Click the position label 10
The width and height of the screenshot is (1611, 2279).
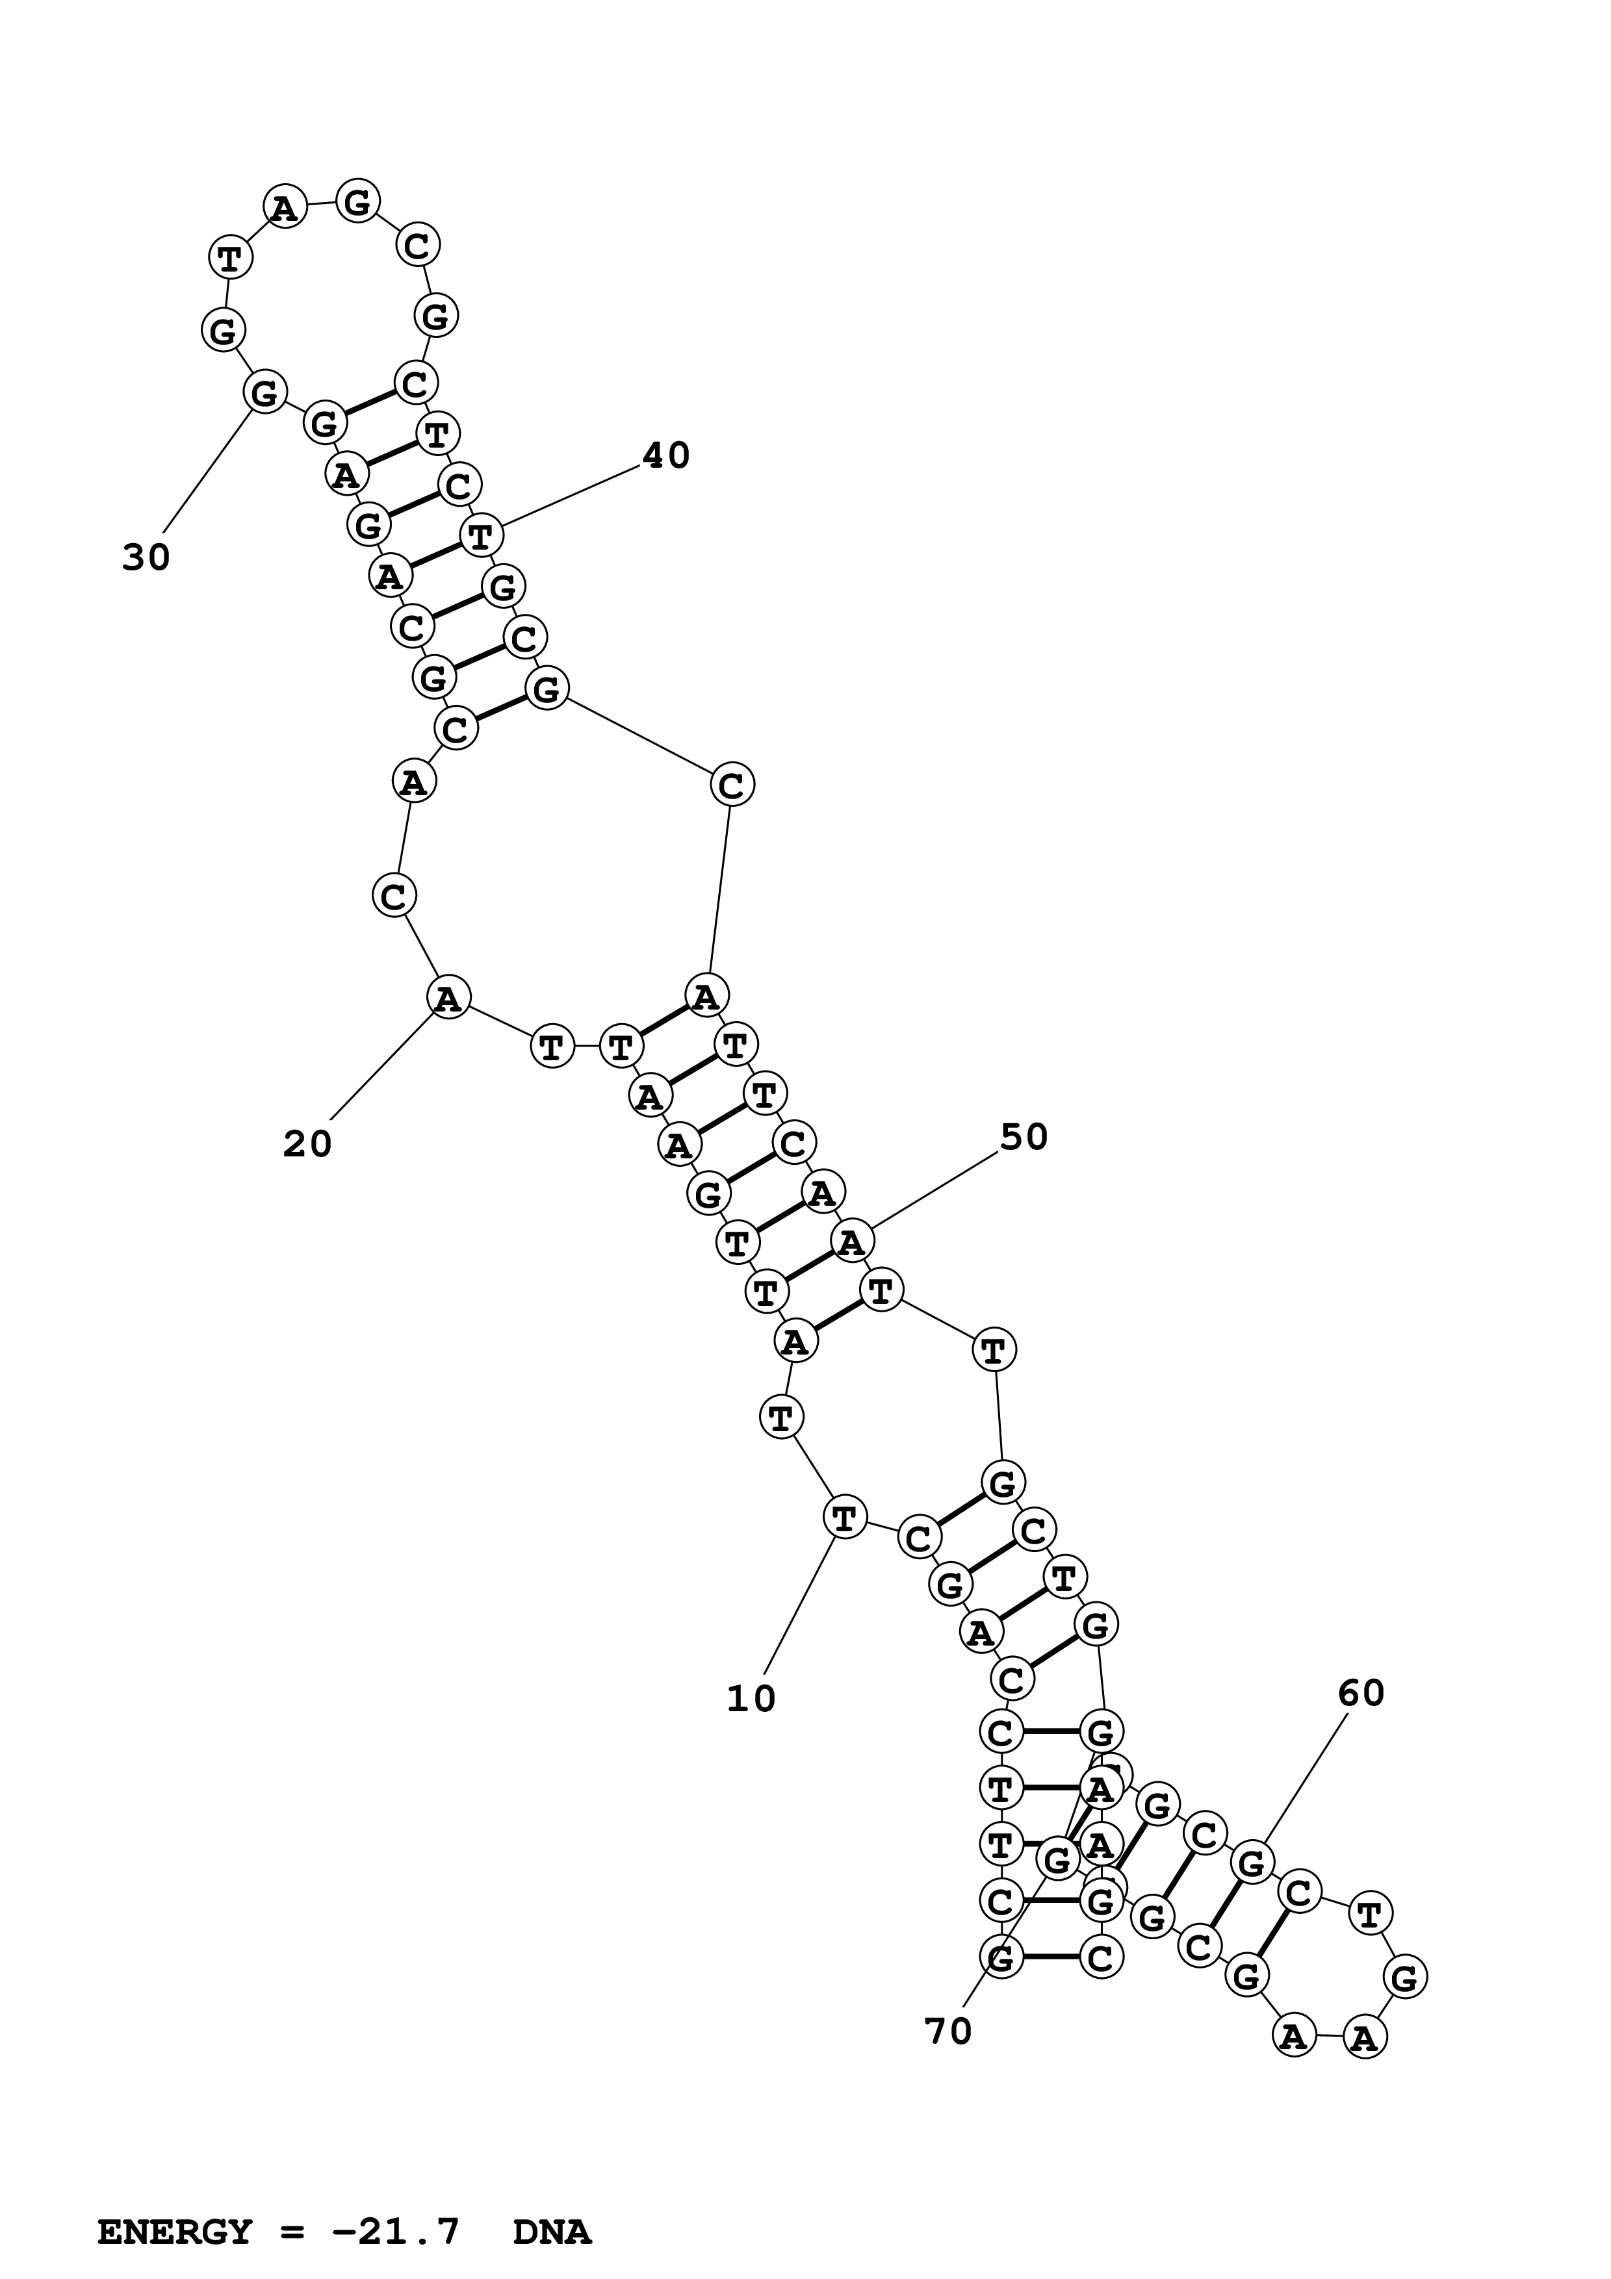pyautogui.click(x=751, y=1700)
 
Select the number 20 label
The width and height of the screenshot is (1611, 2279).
pyautogui.click(x=307, y=1145)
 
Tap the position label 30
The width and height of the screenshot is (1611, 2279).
pyautogui.click(x=146, y=558)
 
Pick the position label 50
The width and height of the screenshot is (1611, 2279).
pyautogui.click(x=1024, y=1138)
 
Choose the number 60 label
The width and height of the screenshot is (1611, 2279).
pyautogui.click(x=1360, y=1694)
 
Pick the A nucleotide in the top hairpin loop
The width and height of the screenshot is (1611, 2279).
pyautogui.click(x=285, y=207)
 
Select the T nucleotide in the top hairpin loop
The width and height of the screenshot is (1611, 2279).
pyautogui.click(x=230, y=258)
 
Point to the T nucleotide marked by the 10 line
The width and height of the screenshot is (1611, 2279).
pyautogui.click(x=844, y=1517)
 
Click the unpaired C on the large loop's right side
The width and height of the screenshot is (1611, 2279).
pyautogui.click(x=732, y=786)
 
